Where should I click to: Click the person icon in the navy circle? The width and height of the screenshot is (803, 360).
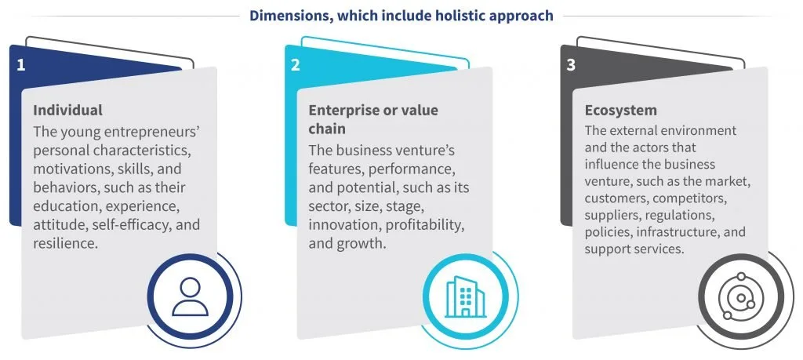click(190, 296)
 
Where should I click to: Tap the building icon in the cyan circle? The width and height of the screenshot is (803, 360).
click(465, 296)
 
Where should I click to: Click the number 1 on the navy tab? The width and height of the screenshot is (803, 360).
click(20, 66)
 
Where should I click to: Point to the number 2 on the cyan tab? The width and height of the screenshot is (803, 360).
click(296, 66)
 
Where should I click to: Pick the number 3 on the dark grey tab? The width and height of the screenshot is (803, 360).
click(571, 66)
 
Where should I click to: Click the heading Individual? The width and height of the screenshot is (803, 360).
click(67, 110)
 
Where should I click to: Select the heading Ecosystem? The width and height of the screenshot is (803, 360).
click(621, 111)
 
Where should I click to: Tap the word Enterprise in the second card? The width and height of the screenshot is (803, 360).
click(340, 111)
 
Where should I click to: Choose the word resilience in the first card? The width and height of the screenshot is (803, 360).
click(65, 243)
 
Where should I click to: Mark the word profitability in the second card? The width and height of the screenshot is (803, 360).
click(425, 225)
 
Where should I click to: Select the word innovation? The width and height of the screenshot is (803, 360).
click(345, 225)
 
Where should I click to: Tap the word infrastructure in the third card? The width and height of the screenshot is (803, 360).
click(680, 232)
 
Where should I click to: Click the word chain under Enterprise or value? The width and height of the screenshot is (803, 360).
click(327, 129)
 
